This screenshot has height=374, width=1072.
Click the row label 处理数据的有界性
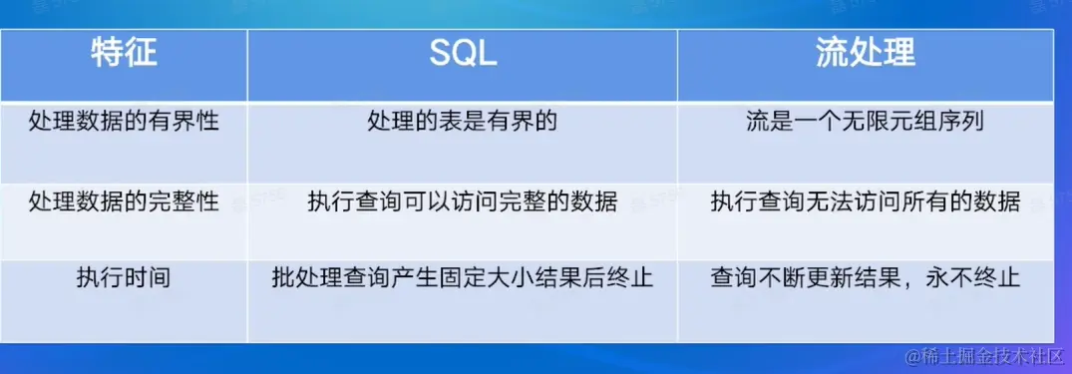point(124,122)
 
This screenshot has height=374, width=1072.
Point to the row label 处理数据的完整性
point(124,201)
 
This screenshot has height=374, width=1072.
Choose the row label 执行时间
point(124,278)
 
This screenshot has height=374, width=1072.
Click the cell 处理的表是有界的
point(463,122)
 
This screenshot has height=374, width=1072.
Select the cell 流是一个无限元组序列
point(866,122)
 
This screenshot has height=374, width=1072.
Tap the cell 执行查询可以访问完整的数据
point(463,201)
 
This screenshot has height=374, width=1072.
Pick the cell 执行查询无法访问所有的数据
point(866,201)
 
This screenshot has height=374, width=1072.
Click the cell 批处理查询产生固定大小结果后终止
point(463,278)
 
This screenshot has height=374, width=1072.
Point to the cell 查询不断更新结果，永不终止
point(866,278)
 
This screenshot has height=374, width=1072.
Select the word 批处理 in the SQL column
point(307,278)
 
